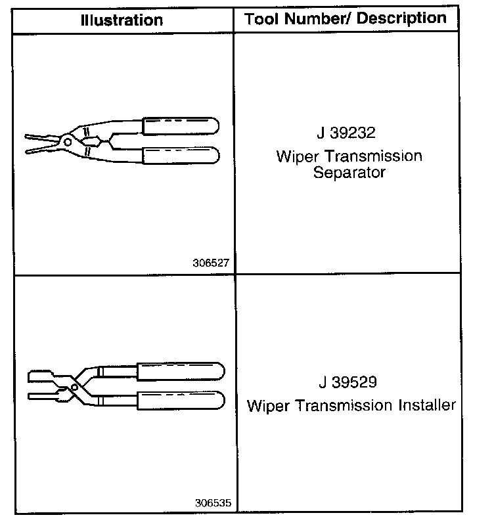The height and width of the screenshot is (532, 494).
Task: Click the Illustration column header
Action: click(122, 20)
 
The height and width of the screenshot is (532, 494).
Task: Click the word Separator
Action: click(349, 174)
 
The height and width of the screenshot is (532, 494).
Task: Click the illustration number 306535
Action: click(211, 504)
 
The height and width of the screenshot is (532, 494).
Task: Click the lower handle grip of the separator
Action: click(181, 156)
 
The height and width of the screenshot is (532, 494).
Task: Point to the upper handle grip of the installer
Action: click(179, 370)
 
